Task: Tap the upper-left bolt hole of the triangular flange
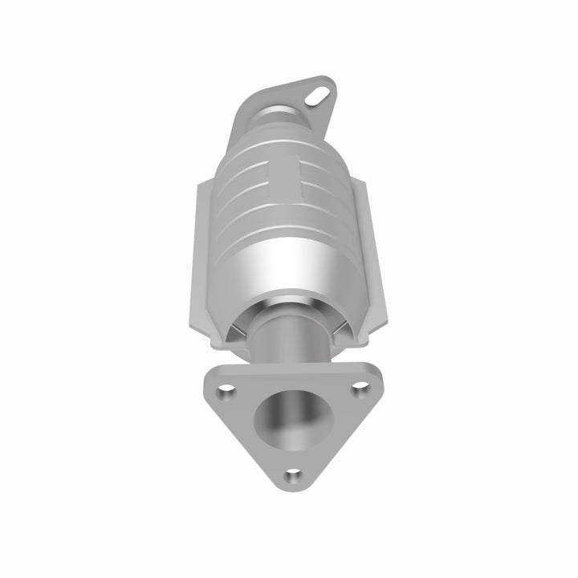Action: click(x=227, y=391)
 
